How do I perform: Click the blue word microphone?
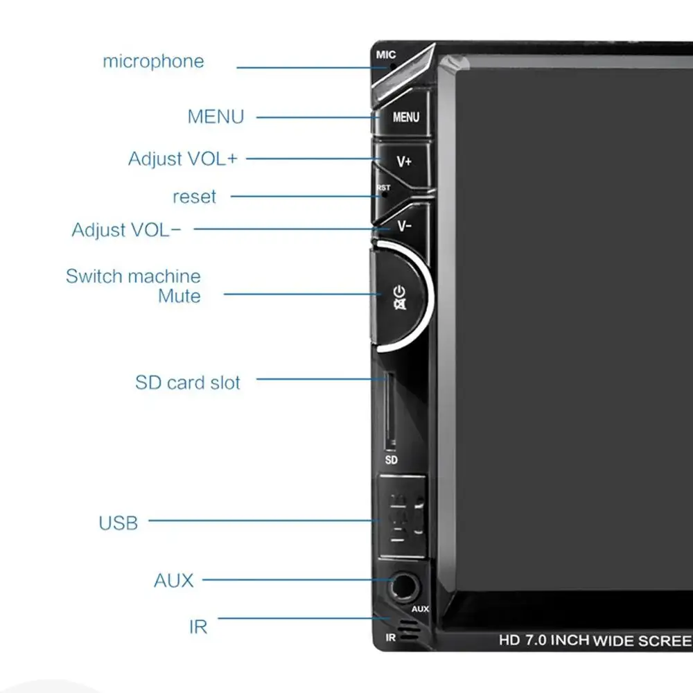(153, 62)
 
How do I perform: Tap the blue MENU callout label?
(216, 117)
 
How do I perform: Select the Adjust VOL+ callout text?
(183, 159)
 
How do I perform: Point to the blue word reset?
(195, 197)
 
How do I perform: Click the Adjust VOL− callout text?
(126, 230)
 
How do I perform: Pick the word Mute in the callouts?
(179, 296)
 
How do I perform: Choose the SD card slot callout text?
(188, 383)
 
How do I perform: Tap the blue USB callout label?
(118, 523)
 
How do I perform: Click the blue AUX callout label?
(174, 581)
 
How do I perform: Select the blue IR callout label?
(198, 626)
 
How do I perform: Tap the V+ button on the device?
(404, 161)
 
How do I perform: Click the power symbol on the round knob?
(400, 292)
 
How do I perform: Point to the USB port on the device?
(403, 516)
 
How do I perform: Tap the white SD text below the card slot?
(391, 460)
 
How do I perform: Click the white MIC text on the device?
(386, 55)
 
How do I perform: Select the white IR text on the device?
(391, 638)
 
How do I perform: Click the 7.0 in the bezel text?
(535, 640)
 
